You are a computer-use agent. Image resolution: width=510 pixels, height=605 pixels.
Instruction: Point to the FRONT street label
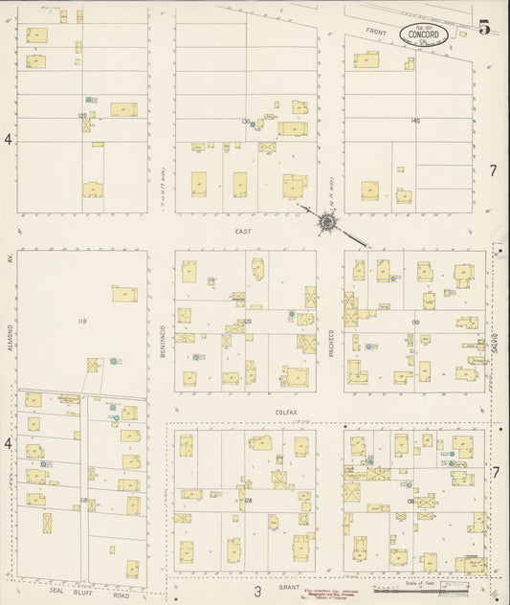[375, 33]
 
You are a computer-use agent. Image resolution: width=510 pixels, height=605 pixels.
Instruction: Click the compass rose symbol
[327, 222]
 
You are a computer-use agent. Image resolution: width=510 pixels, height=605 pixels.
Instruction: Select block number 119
[82, 323]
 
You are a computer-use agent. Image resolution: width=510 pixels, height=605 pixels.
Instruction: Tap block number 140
[414, 122]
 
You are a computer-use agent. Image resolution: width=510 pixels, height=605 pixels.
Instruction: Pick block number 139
[415, 323]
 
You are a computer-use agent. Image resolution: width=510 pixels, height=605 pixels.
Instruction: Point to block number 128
[248, 501]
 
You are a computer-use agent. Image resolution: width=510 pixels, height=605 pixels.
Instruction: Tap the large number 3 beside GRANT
[257, 591]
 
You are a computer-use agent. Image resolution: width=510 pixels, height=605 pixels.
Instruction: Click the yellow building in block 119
[124, 294]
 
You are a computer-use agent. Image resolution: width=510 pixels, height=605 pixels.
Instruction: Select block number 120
[82, 116]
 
